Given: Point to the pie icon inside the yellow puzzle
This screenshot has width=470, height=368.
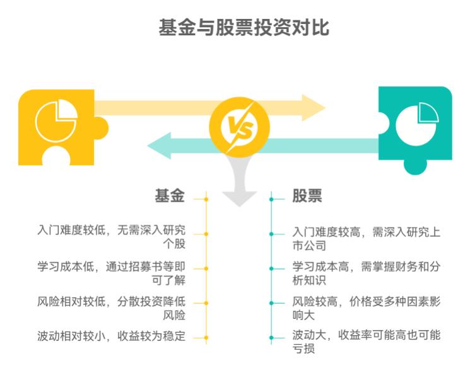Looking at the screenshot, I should [x=56, y=120].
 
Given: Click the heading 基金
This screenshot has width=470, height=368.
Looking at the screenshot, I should [x=170, y=196].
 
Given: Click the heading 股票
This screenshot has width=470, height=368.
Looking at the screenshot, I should [x=307, y=196].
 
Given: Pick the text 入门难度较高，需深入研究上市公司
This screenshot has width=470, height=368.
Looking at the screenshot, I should [x=366, y=238].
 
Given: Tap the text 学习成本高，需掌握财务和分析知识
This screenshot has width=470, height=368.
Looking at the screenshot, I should [x=366, y=273].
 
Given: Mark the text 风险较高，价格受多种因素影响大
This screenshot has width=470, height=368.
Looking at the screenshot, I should [x=366, y=308].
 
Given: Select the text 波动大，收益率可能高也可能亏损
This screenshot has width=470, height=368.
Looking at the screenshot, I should [x=366, y=340].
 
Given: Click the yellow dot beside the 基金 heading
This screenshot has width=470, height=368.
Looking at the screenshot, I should [x=206, y=199].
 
